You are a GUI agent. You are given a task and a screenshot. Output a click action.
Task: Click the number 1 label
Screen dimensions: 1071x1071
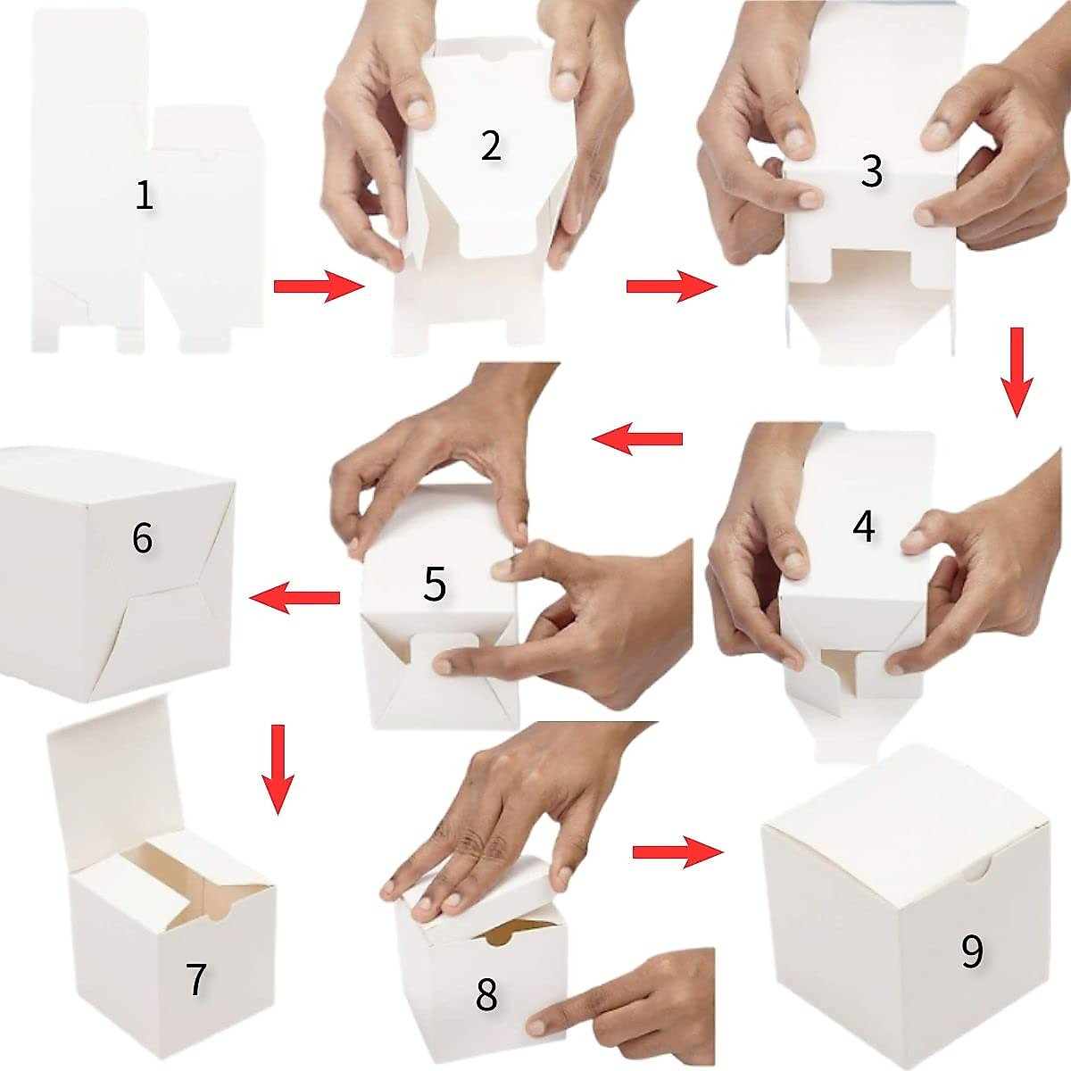click(x=144, y=195)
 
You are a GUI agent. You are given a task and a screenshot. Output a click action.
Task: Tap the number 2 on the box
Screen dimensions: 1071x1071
click(x=491, y=146)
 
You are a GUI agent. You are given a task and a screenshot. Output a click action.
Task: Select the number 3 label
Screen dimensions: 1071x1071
click(x=871, y=171)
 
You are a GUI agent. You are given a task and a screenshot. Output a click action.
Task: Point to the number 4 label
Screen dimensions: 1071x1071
click(x=863, y=527)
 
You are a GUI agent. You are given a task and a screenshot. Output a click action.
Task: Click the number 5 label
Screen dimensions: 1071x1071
click(x=435, y=585)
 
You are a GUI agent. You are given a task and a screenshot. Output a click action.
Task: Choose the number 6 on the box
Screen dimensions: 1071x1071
click(x=142, y=538)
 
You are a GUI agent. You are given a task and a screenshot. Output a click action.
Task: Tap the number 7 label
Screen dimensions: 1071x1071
click(x=196, y=979)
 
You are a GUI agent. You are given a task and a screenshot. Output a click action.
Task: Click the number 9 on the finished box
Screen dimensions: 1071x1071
click(x=972, y=952)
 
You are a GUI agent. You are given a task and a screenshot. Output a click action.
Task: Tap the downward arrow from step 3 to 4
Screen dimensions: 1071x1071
click(x=1016, y=371)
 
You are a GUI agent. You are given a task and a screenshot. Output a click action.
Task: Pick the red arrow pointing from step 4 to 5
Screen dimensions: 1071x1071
click(x=638, y=438)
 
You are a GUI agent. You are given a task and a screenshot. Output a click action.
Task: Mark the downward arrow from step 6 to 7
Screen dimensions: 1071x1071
click(x=278, y=768)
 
